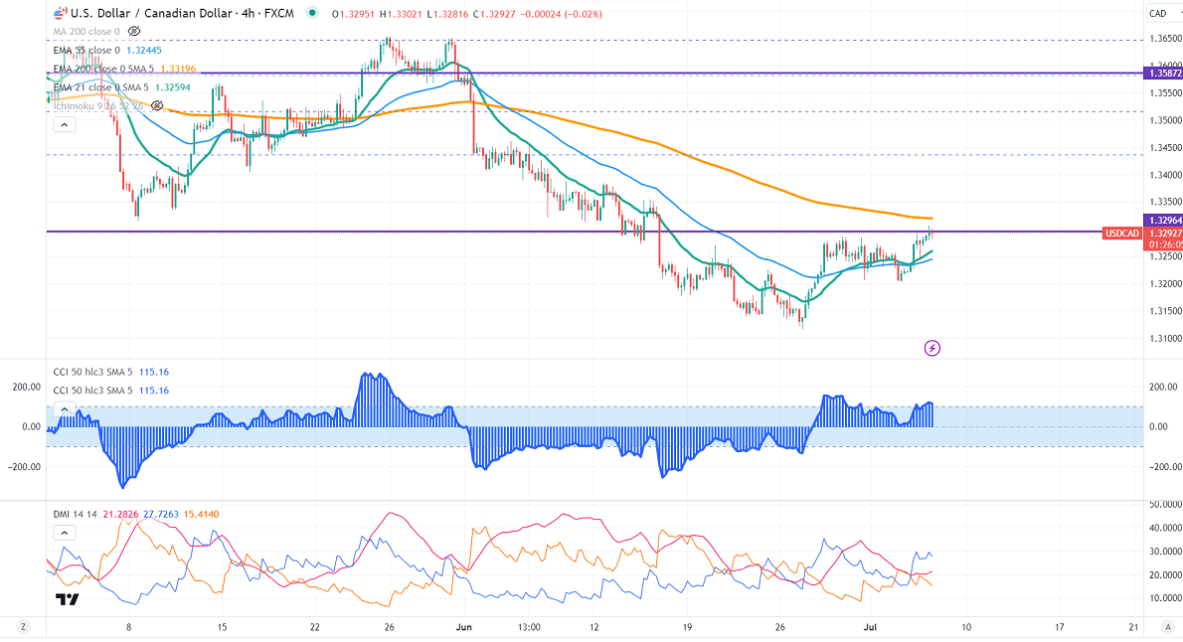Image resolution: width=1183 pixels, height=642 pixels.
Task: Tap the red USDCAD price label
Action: tap(1121, 234)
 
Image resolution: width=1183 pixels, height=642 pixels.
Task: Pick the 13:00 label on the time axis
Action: tap(528, 627)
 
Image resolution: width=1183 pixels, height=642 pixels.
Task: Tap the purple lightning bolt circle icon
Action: tap(932, 348)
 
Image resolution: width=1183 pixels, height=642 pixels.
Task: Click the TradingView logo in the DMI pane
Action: tap(68, 599)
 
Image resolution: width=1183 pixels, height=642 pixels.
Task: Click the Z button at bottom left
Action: tap(23, 627)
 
